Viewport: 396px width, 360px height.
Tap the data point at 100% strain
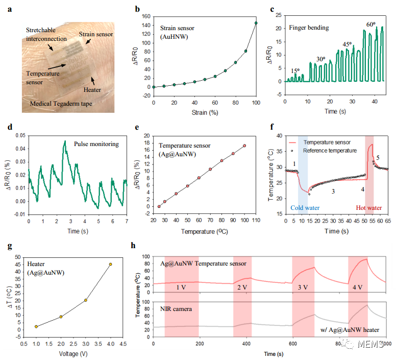256,23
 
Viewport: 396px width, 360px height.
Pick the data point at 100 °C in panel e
244,146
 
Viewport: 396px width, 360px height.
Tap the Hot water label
368,208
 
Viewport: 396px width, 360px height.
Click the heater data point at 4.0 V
110,264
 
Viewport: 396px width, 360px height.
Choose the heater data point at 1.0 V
36,326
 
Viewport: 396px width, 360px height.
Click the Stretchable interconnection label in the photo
46,34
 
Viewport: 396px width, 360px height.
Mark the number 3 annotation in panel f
333,191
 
